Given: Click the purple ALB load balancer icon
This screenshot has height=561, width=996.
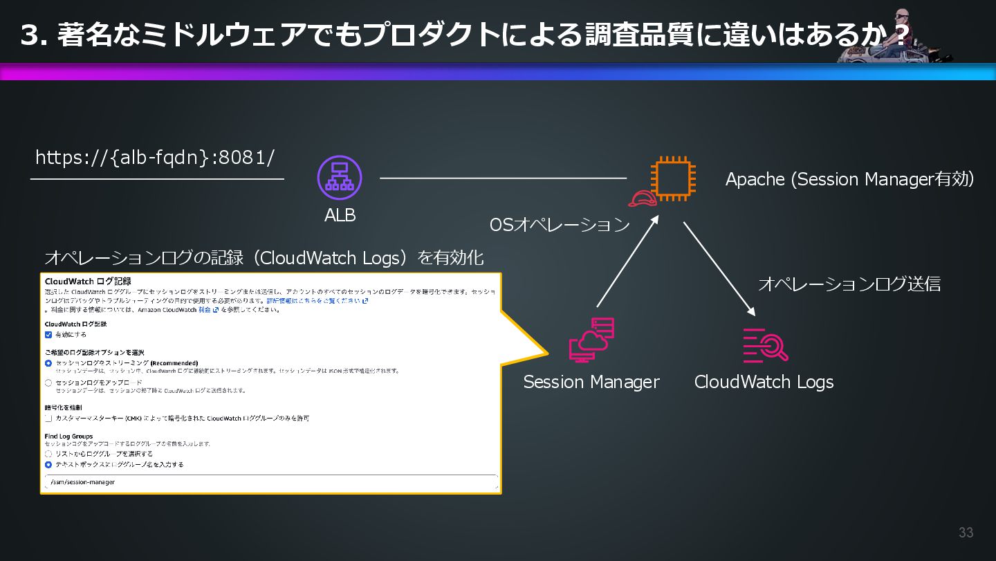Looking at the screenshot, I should tap(340, 178).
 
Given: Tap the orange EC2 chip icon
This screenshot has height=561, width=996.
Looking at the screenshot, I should tap(672, 178).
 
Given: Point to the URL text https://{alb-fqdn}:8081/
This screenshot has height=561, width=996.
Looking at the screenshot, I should tap(155, 158).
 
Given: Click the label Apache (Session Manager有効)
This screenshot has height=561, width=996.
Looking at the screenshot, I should tap(849, 180).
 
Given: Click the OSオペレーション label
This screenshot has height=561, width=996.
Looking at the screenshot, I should tap(560, 225).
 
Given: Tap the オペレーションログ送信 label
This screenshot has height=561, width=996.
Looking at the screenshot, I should tap(849, 284).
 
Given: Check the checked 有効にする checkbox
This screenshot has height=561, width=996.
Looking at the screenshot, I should tap(48, 335).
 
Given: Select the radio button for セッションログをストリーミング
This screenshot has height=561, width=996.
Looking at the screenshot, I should tap(48, 363).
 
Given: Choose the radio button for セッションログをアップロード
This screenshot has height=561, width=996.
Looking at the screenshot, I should tap(48, 383).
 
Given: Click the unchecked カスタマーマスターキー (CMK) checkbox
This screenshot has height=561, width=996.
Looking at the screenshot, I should tap(48, 419).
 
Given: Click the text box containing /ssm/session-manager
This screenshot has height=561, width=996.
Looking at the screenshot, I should tap(270, 482).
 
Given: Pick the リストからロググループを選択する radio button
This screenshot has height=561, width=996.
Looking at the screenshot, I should tap(48, 454).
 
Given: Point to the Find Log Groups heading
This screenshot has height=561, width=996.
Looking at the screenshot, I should tap(69, 436).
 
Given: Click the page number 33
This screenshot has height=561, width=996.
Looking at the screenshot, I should tap(966, 533).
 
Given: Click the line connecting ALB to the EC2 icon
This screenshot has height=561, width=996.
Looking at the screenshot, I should tap(503, 178).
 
